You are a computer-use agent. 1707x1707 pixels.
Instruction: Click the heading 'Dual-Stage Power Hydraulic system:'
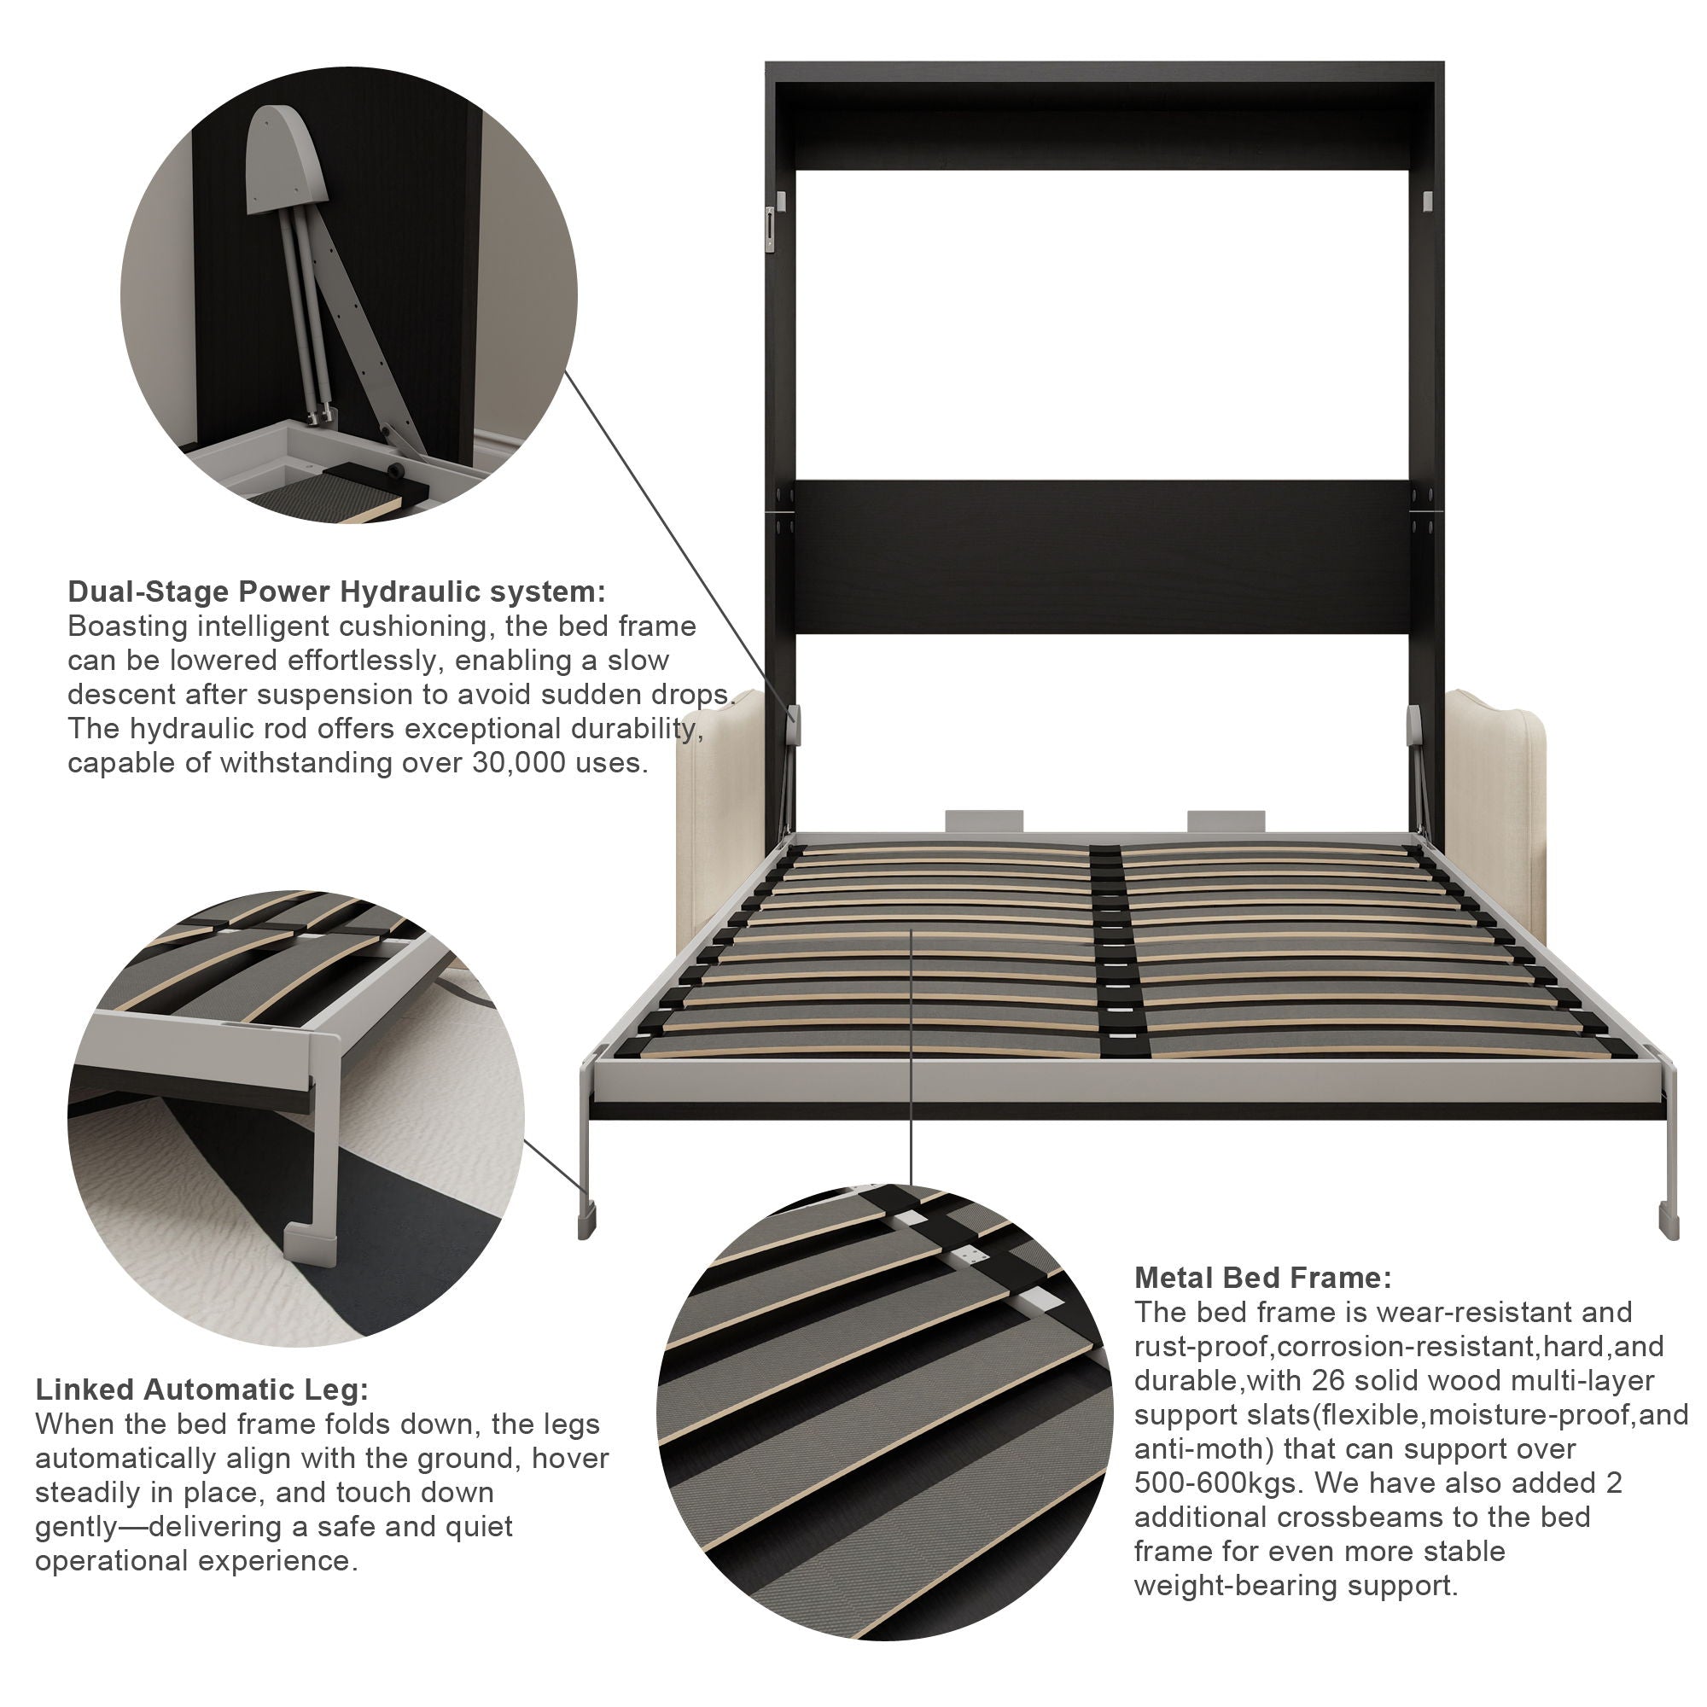click(x=336, y=591)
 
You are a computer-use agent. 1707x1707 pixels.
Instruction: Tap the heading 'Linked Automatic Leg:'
click(x=201, y=1389)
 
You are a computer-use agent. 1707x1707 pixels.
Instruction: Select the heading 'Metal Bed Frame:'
click(x=1262, y=1278)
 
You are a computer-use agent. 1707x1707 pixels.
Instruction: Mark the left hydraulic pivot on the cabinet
click(x=795, y=725)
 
